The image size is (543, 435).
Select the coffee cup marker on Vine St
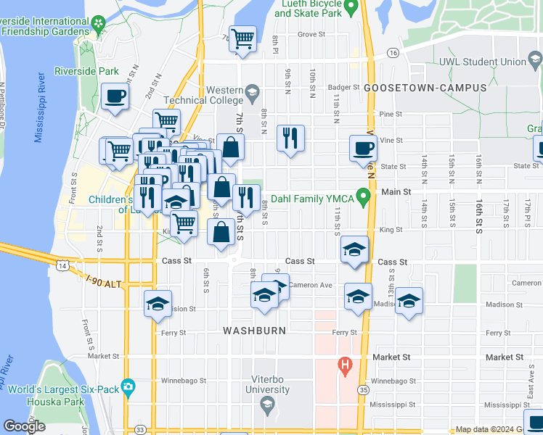364,149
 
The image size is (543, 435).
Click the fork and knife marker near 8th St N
290,138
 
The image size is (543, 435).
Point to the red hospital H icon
345,364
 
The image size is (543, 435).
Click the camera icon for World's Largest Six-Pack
129,385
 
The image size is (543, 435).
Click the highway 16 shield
393,53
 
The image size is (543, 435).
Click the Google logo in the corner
25,426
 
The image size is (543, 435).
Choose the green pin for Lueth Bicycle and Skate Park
351,9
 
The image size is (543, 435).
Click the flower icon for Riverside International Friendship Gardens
98,23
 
